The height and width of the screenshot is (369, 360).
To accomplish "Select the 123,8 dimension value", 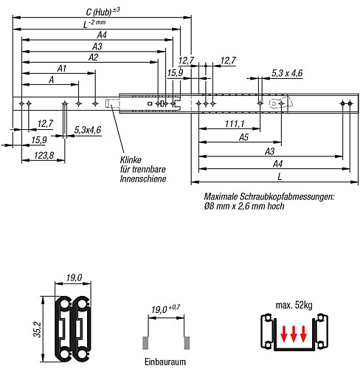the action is click(x=44, y=156).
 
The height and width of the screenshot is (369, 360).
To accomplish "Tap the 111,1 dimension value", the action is click(x=235, y=124).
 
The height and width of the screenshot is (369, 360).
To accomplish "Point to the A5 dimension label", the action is click(x=243, y=137).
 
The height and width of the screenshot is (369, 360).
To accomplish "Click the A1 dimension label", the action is click(x=62, y=69).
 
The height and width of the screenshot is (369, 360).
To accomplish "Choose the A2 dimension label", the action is click(x=93, y=58).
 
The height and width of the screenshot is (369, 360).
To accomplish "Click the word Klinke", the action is click(x=131, y=160).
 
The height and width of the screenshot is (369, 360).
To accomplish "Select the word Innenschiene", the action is click(x=143, y=179).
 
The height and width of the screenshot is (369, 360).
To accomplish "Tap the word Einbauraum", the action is click(x=165, y=362).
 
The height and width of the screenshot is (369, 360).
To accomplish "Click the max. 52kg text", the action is click(x=294, y=305).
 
